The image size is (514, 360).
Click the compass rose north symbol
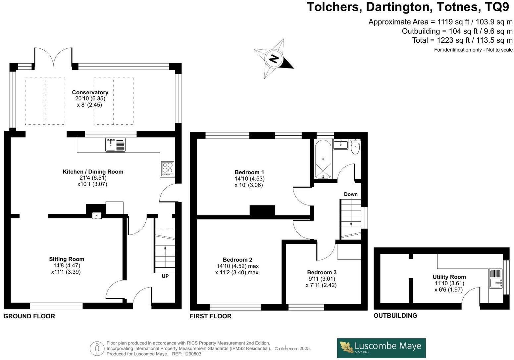[x=274, y=59]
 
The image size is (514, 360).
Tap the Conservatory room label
[x=90, y=92]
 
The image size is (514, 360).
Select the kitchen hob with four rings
[x=167, y=168]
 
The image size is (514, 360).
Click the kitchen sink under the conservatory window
[x=115, y=145]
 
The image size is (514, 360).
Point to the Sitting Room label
[x=67, y=259]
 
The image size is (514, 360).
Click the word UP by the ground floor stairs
[x=165, y=276]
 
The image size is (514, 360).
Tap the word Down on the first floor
[x=351, y=194]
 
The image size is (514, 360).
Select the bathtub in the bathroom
[x=323, y=159]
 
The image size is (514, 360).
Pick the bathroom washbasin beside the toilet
[x=340, y=144]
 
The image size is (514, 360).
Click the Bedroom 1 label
[x=249, y=172]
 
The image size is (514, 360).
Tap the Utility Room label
[x=449, y=277]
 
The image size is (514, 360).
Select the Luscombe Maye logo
[x=381, y=348]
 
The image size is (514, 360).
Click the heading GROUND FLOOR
[x=29, y=316]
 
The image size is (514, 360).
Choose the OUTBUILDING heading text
[x=395, y=316]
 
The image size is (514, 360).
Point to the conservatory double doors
[x=53, y=57]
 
